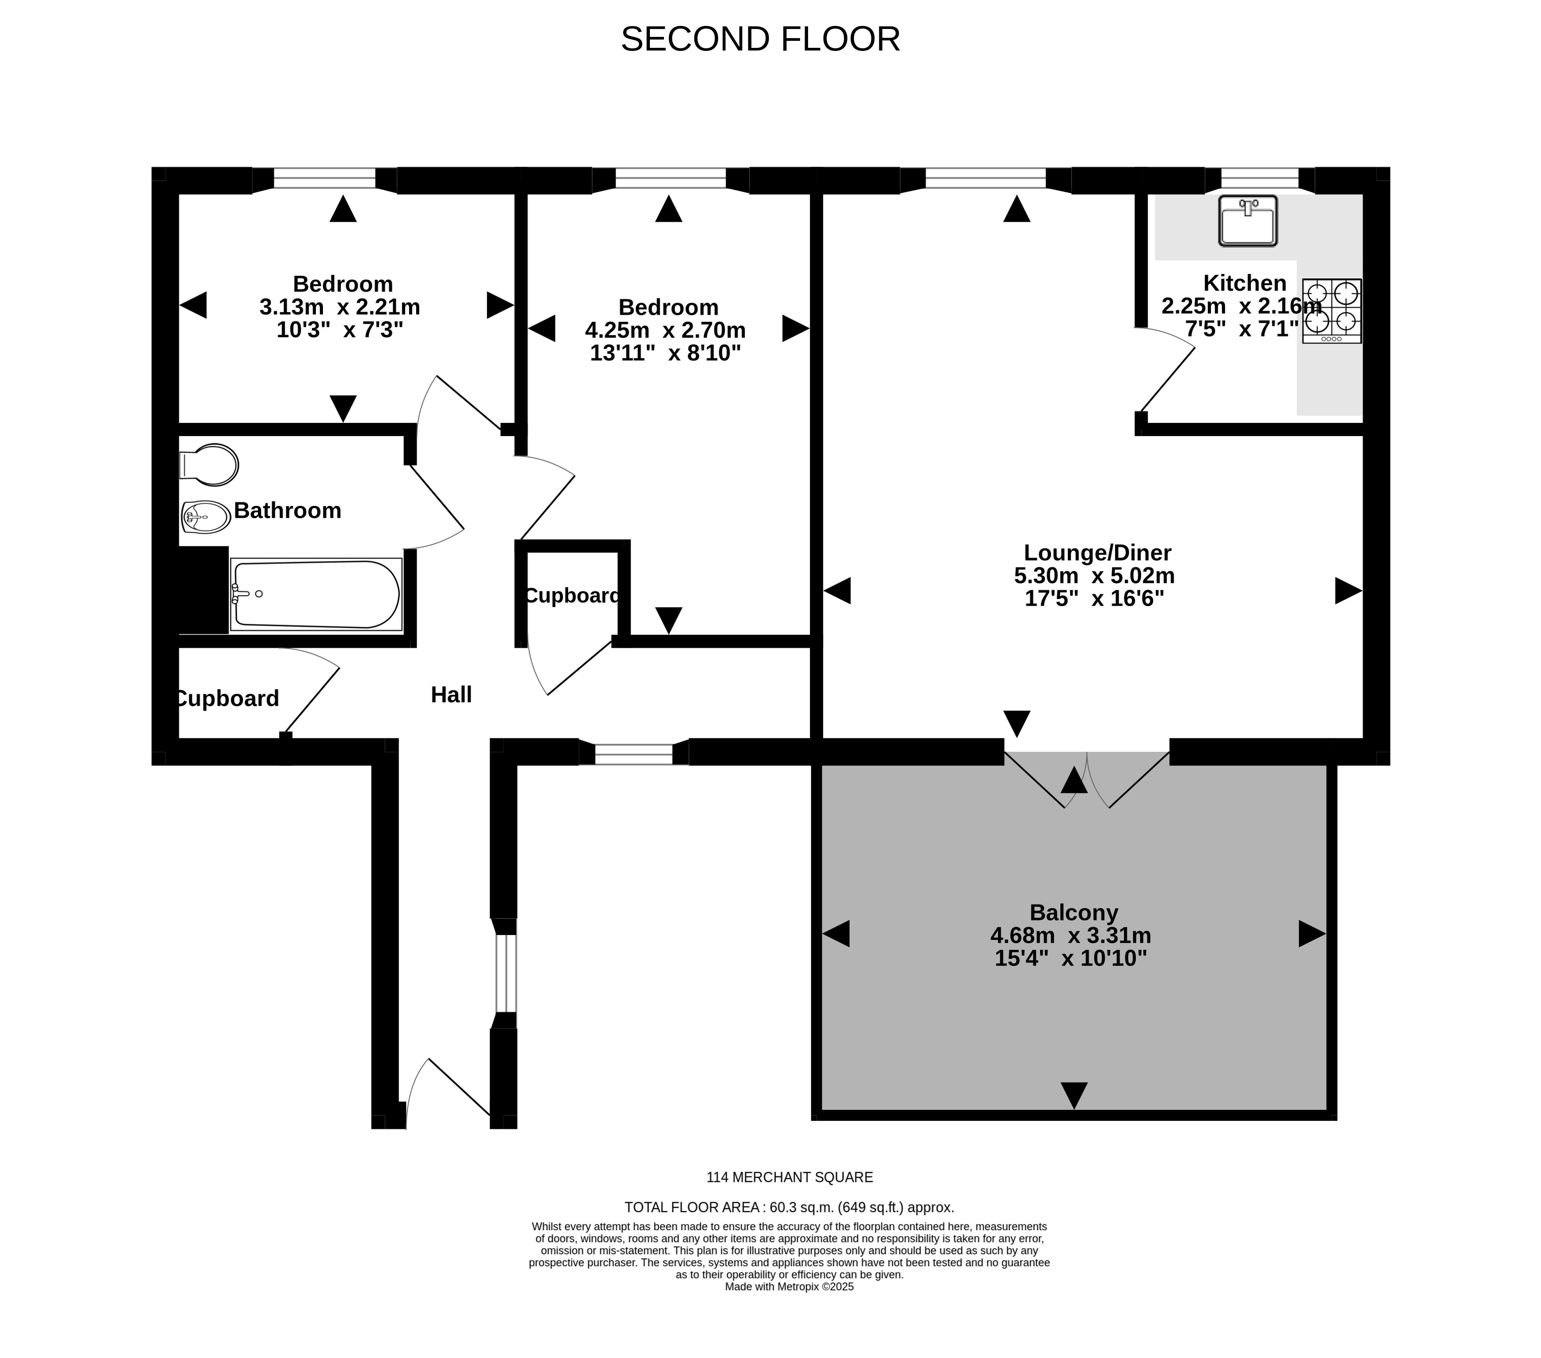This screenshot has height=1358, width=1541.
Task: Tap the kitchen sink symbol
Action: pyautogui.click(x=1248, y=221)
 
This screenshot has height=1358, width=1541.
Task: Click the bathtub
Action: pyautogui.click(x=316, y=595)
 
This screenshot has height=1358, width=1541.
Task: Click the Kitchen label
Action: pyautogui.click(x=1245, y=283)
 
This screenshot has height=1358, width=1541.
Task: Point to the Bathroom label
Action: pyautogui.click(x=287, y=511)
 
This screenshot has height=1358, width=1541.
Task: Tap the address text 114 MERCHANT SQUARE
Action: pyautogui.click(x=789, y=1177)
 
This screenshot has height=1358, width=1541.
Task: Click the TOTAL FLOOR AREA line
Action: pyautogui.click(x=789, y=1207)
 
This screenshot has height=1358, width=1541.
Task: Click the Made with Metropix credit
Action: pyautogui.click(x=789, y=1287)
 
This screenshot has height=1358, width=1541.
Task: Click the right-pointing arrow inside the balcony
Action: pyautogui.click(x=1312, y=935)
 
